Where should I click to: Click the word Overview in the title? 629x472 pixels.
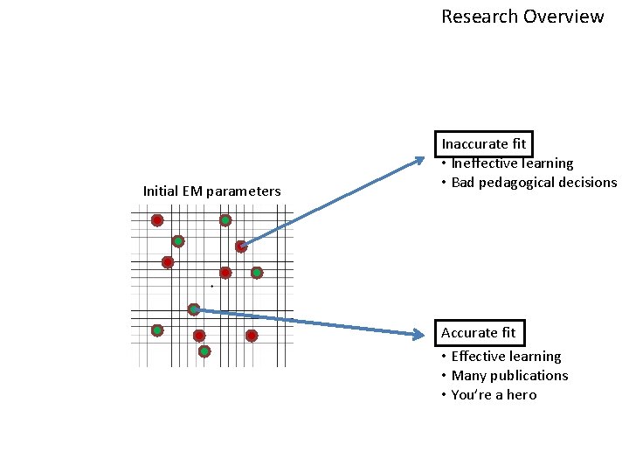pos(567,17)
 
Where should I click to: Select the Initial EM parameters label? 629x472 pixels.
pos(212,191)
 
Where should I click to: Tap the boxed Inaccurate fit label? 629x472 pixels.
pos(485,143)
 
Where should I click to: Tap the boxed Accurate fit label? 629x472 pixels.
pos(479,333)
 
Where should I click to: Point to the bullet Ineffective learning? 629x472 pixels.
pos(512,163)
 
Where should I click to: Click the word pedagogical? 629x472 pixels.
pos(523,183)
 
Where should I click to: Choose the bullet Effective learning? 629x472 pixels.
pos(506,357)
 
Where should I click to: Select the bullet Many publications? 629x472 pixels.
pos(509,376)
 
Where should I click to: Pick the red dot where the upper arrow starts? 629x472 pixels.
pos(241,246)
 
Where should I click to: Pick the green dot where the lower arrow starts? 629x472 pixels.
pos(194,309)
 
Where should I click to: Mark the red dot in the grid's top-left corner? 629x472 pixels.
pos(157,220)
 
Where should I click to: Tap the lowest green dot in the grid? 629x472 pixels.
pos(204,351)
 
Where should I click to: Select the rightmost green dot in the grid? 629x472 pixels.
pos(257,273)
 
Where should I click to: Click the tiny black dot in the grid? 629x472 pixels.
pos(211,286)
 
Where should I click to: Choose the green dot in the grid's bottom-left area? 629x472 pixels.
pos(157,330)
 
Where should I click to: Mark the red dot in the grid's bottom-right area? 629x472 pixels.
pos(252,336)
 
